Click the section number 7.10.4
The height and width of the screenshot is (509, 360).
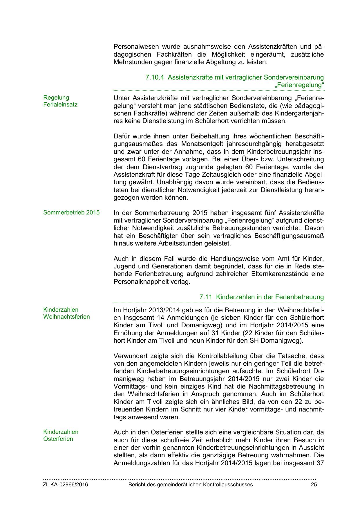coord(155,77)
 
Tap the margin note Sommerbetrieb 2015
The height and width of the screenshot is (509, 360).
coord(71,212)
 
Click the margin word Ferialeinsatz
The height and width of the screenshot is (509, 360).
coord(60,104)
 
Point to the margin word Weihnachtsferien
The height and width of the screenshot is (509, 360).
coord(66,317)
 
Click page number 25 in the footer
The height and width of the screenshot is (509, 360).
coord(314,484)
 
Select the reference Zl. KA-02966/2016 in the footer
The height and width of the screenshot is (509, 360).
coord(66,484)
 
